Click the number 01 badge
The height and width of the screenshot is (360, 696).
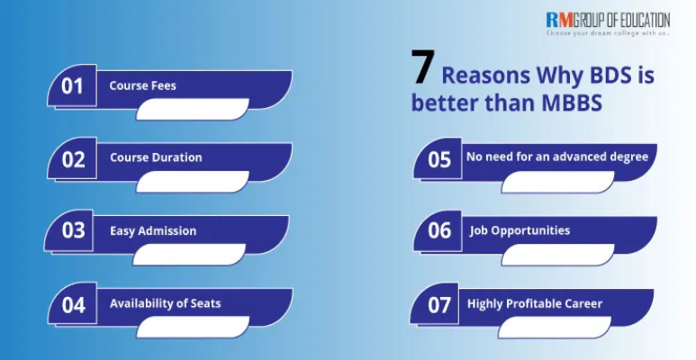[x=72, y=86]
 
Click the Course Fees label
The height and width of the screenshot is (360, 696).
[x=142, y=85]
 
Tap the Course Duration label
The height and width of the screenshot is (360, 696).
[x=156, y=157]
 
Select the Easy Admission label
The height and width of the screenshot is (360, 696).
[x=153, y=230]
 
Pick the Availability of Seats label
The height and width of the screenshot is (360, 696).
[x=165, y=303]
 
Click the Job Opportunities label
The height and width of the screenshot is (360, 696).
[x=520, y=230]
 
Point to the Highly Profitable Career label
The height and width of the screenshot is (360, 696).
[x=534, y=303]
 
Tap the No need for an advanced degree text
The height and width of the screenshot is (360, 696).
[x=556, y=157]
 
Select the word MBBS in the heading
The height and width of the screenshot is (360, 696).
[x=573, y=103]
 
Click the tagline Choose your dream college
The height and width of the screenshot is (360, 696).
[x=607, y=33]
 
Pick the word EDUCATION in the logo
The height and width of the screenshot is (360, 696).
[x=640, y=18]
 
